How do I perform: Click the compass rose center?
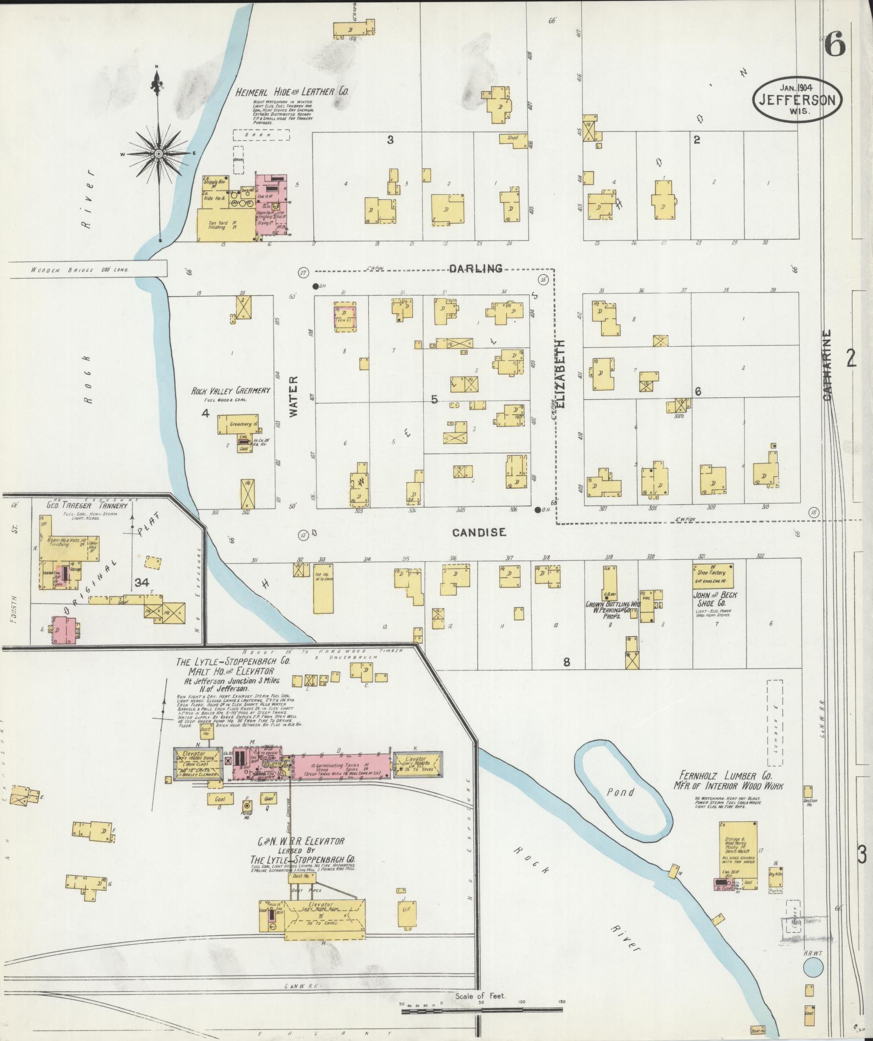tap(159, 154)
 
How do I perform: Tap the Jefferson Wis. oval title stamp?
tap(798, 99)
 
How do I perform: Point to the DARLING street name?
tap(476, 269)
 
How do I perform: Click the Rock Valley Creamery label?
tap(231, 390)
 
